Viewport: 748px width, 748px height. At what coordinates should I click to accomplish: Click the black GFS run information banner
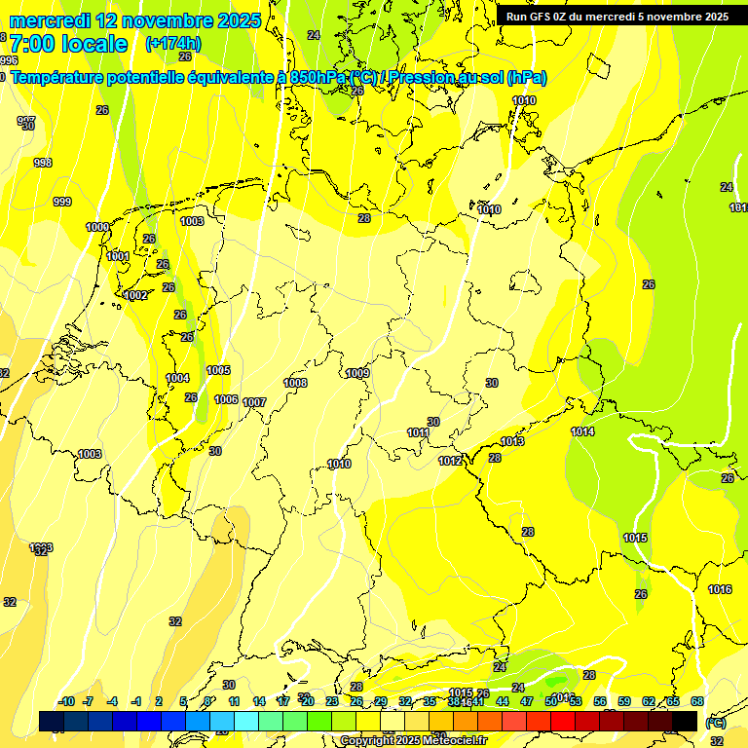[617, 16]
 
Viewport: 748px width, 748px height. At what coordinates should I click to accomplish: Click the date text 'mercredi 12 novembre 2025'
[134, 20]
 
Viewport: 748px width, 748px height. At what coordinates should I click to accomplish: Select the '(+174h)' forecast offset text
[172, 44]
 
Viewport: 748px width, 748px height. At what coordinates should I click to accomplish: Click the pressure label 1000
[97, 227]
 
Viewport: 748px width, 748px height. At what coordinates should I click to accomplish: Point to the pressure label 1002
[135, 295]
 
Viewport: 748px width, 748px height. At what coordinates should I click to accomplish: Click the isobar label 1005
[218, 370]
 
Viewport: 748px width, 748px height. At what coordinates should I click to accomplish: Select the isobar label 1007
[254, 402]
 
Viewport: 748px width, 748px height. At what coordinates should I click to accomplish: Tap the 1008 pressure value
[295, 383]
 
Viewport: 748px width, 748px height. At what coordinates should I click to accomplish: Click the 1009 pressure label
[357, 373]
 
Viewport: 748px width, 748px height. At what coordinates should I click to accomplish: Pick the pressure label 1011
[418, 432]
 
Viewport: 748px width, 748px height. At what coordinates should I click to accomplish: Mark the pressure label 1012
[449, 461]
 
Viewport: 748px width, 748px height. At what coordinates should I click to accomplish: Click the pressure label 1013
[512, 441]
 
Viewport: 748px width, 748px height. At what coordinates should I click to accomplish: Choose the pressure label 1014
[582, 431]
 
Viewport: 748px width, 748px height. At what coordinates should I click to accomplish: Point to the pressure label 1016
[720, 589]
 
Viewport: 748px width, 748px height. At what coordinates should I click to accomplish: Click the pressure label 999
[61, 202]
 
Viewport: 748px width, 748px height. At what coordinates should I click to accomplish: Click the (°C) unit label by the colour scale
[715, 723]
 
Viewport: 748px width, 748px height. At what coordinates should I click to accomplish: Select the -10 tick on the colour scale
[66, 701]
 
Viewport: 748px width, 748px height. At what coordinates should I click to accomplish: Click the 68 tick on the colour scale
[697, 701]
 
